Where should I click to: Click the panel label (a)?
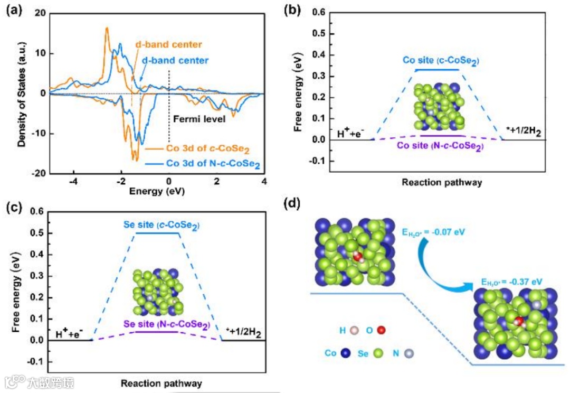click(14, 10)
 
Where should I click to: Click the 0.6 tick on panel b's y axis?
click(317, 12)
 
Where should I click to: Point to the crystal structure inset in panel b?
click(439, 105)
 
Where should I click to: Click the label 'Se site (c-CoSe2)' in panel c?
click(159, 225)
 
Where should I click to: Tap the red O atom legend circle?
click(382, 330)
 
